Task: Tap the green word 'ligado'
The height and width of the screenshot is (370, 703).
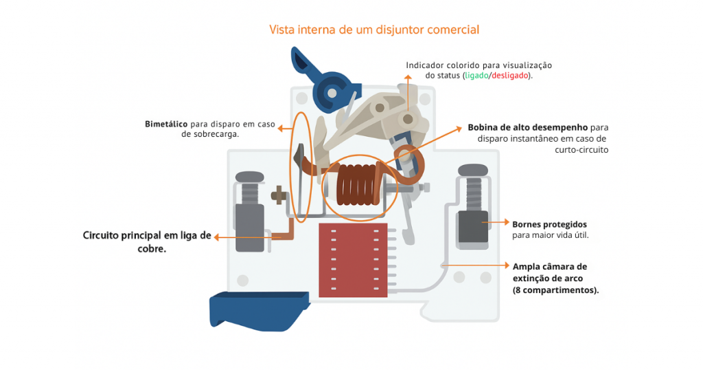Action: [476, 76]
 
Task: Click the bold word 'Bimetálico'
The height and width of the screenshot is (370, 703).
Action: [166, 124]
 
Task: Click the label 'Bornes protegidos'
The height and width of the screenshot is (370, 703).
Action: [549, 224]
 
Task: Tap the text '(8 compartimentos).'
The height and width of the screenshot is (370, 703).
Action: [555, 290]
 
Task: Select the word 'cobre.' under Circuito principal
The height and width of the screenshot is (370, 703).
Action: [152, 249]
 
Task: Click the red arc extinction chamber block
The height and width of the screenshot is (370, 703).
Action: [352, 260]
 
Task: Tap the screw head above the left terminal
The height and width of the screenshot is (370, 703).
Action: [249, 177]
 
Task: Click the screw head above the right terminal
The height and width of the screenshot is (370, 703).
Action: [472, 169]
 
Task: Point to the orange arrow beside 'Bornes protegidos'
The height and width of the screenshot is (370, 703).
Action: [496, 223]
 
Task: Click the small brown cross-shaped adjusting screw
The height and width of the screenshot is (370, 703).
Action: [278, 195]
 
